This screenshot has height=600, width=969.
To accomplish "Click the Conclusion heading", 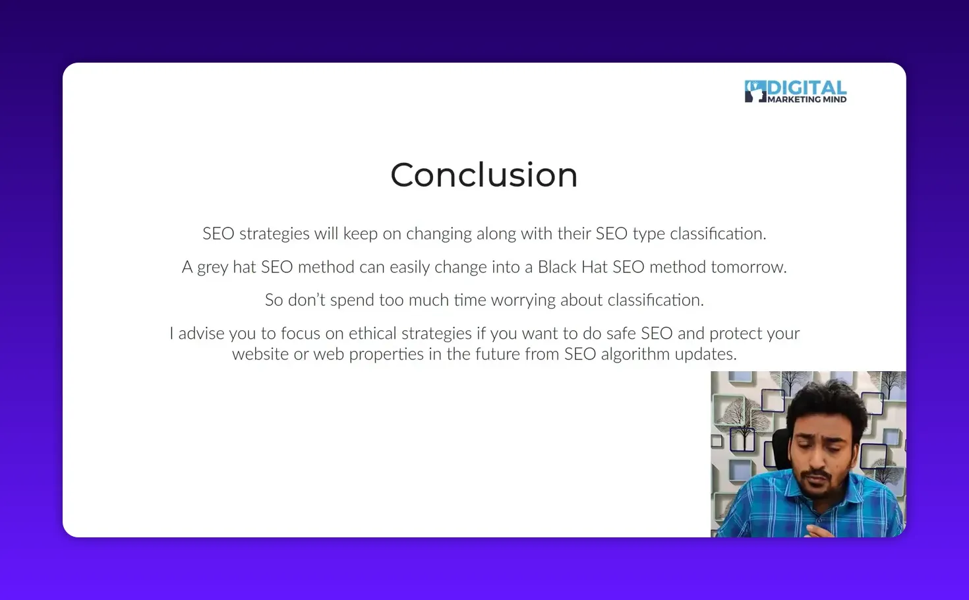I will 484,175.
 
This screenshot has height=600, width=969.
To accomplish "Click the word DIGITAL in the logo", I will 807,88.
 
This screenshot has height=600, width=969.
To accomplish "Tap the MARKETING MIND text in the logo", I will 807,100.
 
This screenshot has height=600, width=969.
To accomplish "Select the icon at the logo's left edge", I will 755,92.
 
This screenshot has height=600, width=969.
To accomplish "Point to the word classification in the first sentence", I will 717,234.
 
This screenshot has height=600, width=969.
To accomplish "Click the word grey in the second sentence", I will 212,268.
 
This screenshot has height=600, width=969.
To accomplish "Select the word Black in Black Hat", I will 557,267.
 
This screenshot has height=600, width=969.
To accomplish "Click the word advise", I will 201,334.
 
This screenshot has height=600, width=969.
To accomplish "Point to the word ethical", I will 372,334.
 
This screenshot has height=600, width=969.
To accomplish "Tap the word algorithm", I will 635,355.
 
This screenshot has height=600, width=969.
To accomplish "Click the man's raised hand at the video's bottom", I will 815,528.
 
